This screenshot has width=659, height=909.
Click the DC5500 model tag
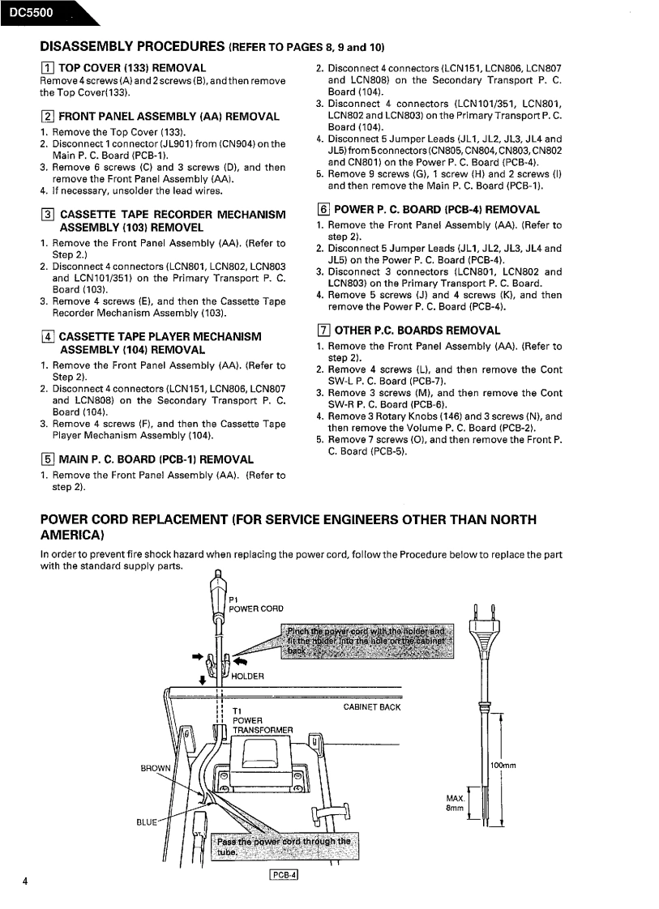point(32,12)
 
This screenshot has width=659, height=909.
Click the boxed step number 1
point(46,68)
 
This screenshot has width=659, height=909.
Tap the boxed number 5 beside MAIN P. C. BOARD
point(46,459)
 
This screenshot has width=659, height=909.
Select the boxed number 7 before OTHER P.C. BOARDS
point(323,331)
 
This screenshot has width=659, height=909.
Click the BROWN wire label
point(156,768)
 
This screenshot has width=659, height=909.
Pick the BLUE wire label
point(146,822)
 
